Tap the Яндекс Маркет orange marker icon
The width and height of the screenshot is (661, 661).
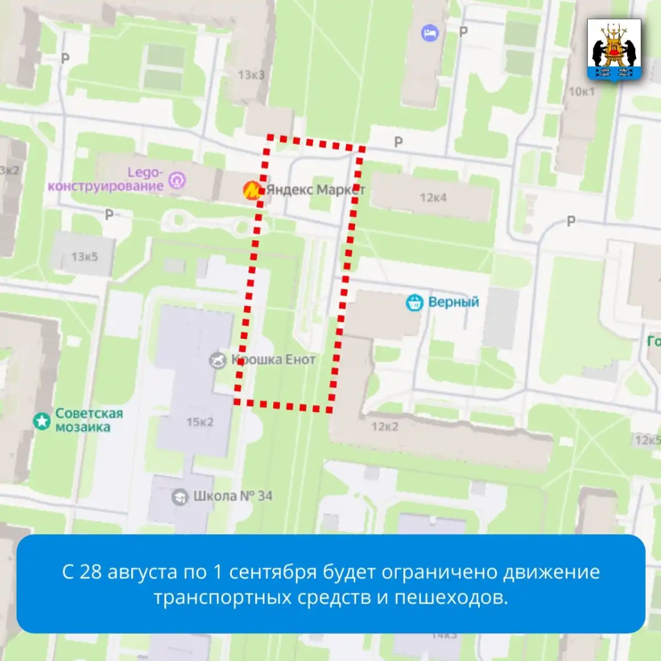(x=252, y=191)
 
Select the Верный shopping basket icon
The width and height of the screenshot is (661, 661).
(x=414, y=302)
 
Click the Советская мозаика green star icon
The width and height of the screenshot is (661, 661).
(x=42, y=421)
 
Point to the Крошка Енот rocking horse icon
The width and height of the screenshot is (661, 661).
(x=218, y=360)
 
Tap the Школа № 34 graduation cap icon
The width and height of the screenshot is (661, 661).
(x=180, y=497)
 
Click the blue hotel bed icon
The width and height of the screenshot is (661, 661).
(x=430, y=34)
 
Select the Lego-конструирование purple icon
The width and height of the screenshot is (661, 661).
(x=177, y=180)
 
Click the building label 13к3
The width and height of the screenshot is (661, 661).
(x=251, y=74)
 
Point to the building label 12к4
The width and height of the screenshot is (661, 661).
(x=433, y=197)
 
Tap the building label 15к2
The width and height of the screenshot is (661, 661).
(x=199, y=422)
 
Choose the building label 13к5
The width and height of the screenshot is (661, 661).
(x=84, y=257)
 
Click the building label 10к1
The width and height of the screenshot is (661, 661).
(x=582, y=91)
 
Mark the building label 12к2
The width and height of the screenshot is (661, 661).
(x=384, y=427)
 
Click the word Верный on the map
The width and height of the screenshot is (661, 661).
(x=453, y=302)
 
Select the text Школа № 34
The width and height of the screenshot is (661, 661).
(x=232, y=496)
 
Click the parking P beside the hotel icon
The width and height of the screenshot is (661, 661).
(x=464, y=32)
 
